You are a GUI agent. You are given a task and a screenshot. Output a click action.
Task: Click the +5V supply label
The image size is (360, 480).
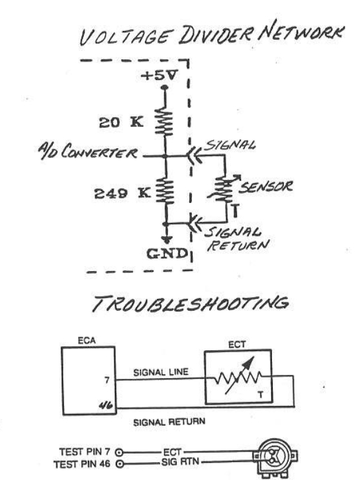(x=159, y=75)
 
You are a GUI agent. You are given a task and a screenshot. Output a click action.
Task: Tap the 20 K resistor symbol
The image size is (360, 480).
(x=164, y=122)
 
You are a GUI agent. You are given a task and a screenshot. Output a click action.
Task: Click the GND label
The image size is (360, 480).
(x=167, y=253)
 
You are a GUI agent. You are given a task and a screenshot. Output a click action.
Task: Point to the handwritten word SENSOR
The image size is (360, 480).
(x=265, y=186)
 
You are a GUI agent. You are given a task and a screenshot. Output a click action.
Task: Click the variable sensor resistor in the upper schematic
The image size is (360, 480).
(x=224, y=189)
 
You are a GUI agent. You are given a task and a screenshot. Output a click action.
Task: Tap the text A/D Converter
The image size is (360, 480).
(x=88, y=151)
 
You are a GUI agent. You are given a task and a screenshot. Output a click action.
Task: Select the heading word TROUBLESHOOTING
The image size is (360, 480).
(x=190, y=303)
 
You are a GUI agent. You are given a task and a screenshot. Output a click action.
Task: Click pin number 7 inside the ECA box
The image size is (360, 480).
(x=107, y=380)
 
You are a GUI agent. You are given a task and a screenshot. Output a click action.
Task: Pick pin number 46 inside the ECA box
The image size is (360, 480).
(x=106, y=405)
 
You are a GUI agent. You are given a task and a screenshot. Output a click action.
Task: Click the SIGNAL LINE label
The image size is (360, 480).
(x=161, y=372)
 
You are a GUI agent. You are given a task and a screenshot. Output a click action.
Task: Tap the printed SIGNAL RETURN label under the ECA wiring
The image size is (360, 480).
(x=169, y=422)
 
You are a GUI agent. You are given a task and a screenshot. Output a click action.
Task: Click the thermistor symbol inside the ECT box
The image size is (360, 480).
(x=238, y=376)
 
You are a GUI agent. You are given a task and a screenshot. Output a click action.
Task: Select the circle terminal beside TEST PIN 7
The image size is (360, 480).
(x=120, y=452)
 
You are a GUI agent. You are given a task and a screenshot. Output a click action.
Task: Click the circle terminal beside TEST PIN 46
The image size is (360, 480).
(x=120, y=463)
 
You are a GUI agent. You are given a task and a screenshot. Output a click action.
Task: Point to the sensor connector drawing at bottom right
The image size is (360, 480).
(x=275, y=458)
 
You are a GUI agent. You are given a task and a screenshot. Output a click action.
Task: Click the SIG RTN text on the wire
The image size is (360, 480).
(x=180, y=461)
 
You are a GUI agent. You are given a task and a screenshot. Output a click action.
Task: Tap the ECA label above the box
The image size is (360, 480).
(x=87, y=340)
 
